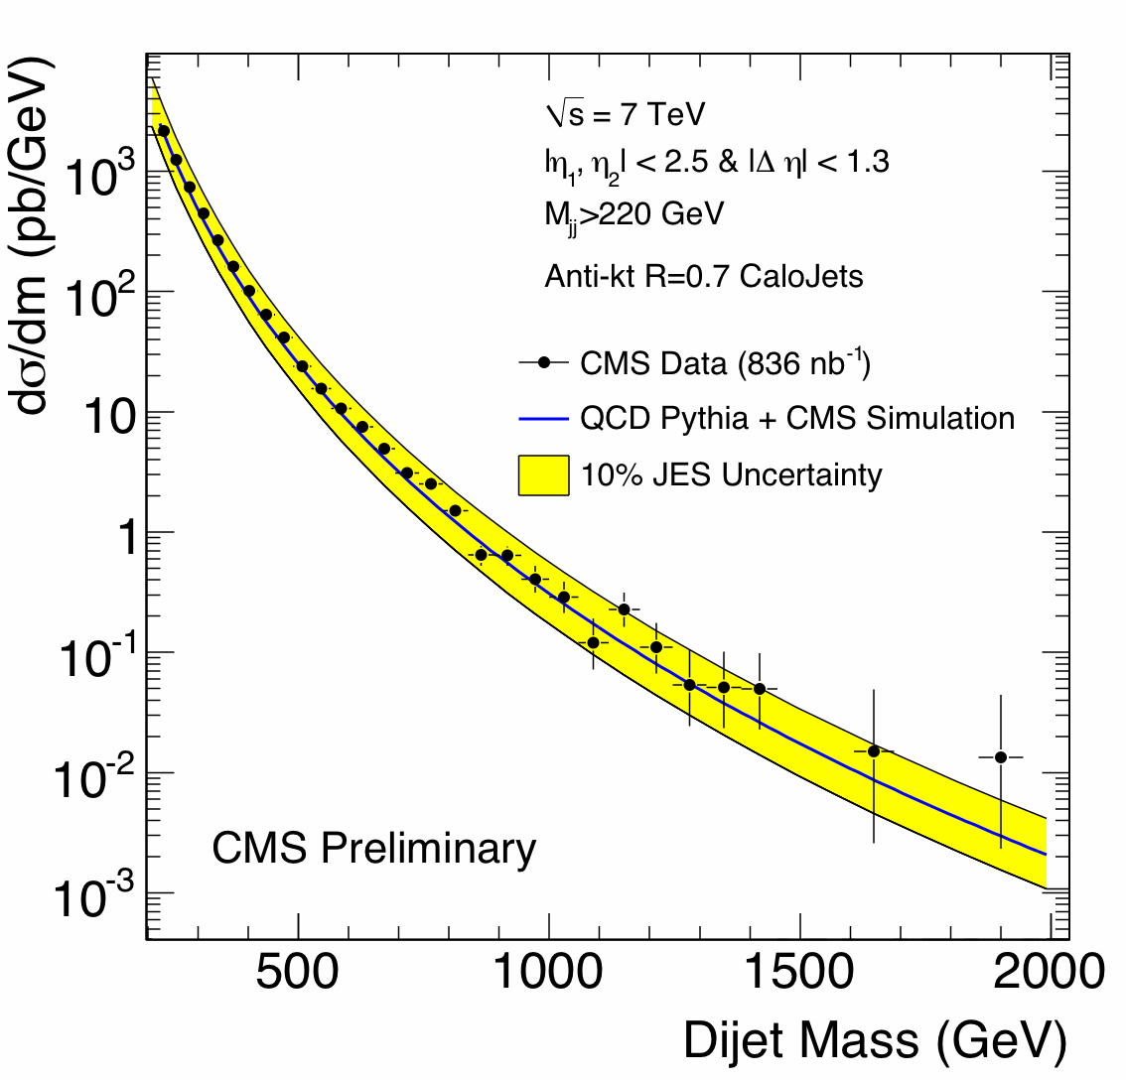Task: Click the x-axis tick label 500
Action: pyautogui.click(x=299, y=974)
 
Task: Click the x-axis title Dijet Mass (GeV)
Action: pyautogui.click(x=874, y=1041)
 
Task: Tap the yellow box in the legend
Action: pyautogui.click(x=543, y=474)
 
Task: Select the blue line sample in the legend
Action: pyautogui.click(x=543, y=419)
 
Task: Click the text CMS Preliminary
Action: pyautogui.click(x=373, y=849)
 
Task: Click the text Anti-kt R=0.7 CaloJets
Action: pyautogui.click(x=704, y=275)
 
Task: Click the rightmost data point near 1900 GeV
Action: pyautogui.click(x=1001, y=757)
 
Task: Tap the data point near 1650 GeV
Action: pyautogui.click(x=874, y=751)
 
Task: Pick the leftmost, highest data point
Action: pyautogui.click(x=164, y=130)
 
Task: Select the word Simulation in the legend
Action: pyautogui.click(x=940, y=418)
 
